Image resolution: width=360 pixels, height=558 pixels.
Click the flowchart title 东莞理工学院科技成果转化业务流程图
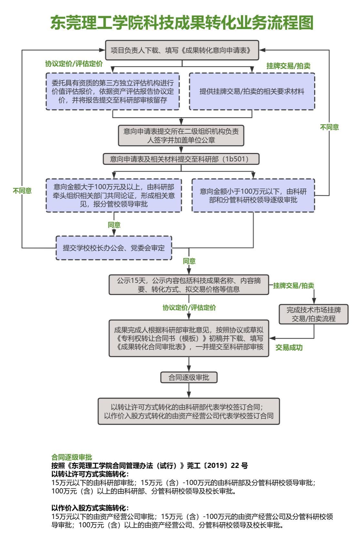pos(182,23)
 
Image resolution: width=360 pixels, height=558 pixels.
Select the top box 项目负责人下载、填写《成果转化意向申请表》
pos(182,50)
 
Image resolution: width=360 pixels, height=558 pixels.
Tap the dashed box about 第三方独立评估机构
pos(112,91)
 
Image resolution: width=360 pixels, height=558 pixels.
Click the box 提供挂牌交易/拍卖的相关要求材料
pos(252,91)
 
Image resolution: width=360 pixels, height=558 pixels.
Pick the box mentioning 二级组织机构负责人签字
pos(181,136)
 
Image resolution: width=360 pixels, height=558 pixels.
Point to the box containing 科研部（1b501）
pos(181,159)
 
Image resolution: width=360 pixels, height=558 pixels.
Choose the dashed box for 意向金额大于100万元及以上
pos(114,195)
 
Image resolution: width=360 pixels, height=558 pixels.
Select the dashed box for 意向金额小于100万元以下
pos(253,195)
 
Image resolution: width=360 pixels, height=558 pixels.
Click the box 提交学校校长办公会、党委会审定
pos(114,248)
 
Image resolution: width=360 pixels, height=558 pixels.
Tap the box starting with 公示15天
pos(189,285)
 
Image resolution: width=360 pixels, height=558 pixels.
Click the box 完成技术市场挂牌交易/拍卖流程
pos(313,314)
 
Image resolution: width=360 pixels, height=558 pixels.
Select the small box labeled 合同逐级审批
pos(189,377)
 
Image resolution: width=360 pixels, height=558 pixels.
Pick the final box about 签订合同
pos(189,411)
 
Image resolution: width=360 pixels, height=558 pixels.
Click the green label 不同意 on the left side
pos(22,191)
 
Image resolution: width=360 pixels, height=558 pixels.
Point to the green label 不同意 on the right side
pos(329,127)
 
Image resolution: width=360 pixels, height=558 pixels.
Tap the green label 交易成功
pos(289,348)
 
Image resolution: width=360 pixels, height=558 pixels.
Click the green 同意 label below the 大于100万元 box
pos(114,225)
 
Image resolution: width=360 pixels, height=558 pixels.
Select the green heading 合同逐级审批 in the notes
pos(72,457)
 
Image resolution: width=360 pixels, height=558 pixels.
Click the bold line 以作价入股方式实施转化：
pos(90,508)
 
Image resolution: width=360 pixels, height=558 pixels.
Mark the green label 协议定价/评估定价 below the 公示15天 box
pos(189,308)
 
